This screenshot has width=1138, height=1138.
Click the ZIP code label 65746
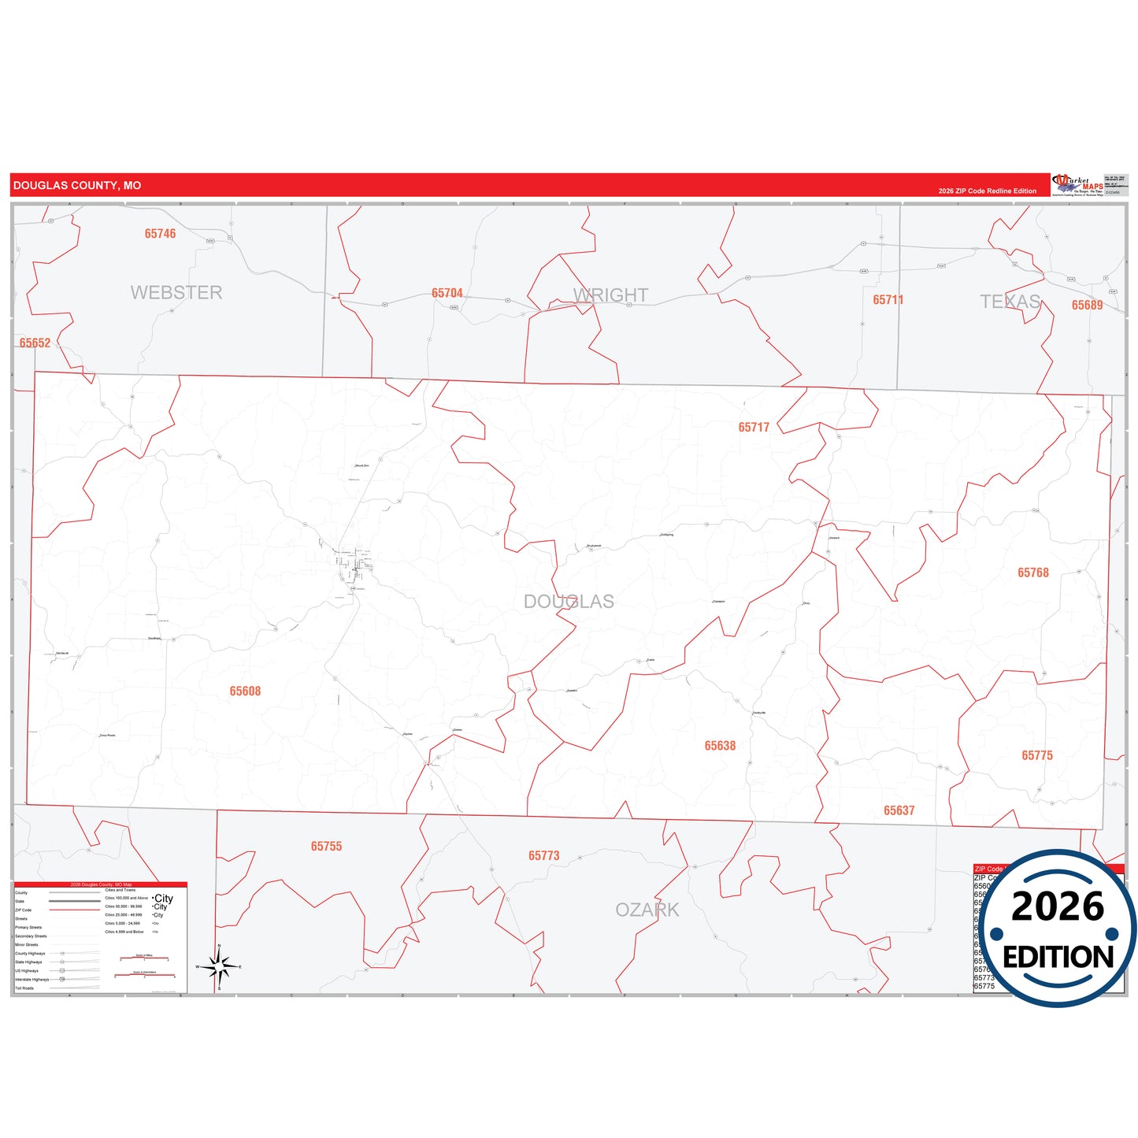pyautogui.click(x=160, y=234)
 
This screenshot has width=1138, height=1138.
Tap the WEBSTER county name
pyautogui.click(x=176, y=293)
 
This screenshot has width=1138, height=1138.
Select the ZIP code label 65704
pyautogui.click(x=447, y=294)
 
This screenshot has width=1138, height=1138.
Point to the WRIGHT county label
pyautogui.click(x=611, y=295)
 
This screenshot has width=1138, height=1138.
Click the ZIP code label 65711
pyautogui.click(x=888, y=300)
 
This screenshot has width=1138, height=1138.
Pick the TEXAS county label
pyautogui.click(x=1010, y=302)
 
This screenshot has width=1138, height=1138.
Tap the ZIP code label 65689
pyautogui.click(x=1087, y=305)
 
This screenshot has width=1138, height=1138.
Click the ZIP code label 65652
pyautogui.click(x=35, y=343)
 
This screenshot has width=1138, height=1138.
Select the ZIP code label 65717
pyautogui.click(x=754, y=428)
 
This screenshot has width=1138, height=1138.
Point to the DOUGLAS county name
pyautogui.click(x=569, y=602)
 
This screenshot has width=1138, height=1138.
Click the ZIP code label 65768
pyautogui.click(x=1032, y=573)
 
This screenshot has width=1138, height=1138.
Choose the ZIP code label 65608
pyautogui.click(x=245, y=691)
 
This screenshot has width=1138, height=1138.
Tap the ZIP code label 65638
pyautogui.click(x=720, y=746)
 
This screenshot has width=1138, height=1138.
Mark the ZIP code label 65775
pyautogui.click(x=1036, y=756)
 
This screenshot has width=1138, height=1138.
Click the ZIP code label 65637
pyautogui.click(x=899, y=811)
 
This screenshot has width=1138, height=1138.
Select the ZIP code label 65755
pyautogui.click(x=326, y=847)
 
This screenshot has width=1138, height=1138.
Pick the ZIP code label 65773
pyautogui.click(x=543, y=856)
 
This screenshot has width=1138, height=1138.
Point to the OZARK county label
pyautogui.click(x=647, y=910)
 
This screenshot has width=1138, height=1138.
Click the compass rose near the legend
pyautogui.click(x=219, y=966)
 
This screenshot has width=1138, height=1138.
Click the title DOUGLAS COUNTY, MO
pyautogui.click(x=77, y=186)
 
